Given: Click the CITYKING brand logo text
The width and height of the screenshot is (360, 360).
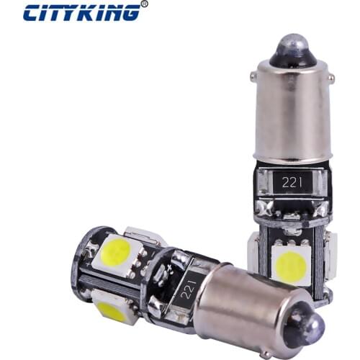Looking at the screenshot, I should coord(81,13).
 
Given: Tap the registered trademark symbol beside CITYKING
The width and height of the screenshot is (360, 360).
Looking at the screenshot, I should coord(144,4).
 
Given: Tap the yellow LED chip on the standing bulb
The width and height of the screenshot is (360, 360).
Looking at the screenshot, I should coord(291,264).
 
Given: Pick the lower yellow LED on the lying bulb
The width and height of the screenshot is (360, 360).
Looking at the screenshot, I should coord(113,310).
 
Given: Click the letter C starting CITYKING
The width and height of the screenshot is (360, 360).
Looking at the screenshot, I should coord(32,13).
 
